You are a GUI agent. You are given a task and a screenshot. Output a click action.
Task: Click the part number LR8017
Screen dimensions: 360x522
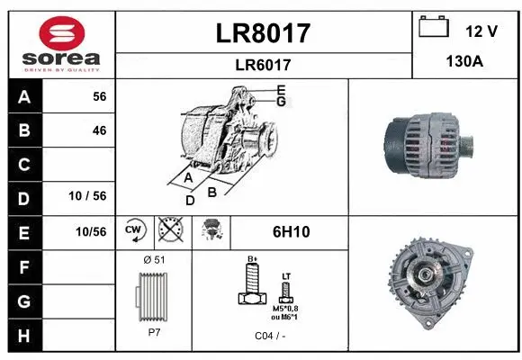tap(264, 33)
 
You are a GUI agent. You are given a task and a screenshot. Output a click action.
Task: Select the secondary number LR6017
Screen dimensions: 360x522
tap(264, 65)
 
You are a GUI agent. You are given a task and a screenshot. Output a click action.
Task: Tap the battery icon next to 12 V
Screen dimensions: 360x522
tap(434, 29)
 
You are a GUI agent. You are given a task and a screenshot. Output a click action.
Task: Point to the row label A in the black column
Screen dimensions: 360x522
tap(23, 96)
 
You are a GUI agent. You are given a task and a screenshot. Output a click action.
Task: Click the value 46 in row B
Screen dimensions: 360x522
tap(99, 130)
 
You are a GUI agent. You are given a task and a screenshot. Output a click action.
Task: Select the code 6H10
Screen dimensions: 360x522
tap(291, 232)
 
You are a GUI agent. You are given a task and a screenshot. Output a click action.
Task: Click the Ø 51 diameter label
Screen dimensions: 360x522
tap(155, 259)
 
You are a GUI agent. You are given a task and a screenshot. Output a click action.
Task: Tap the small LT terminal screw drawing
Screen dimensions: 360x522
tap(286, 290)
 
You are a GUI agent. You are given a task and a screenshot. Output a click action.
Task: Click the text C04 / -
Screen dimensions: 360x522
tap(270, 336)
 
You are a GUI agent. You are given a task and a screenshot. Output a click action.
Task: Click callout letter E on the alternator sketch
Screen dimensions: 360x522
tap(281, 90)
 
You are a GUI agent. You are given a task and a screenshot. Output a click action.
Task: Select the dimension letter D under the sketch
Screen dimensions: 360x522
tap(190, 201)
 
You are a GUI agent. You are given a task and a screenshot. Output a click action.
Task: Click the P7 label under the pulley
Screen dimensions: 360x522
tap(155, 331)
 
